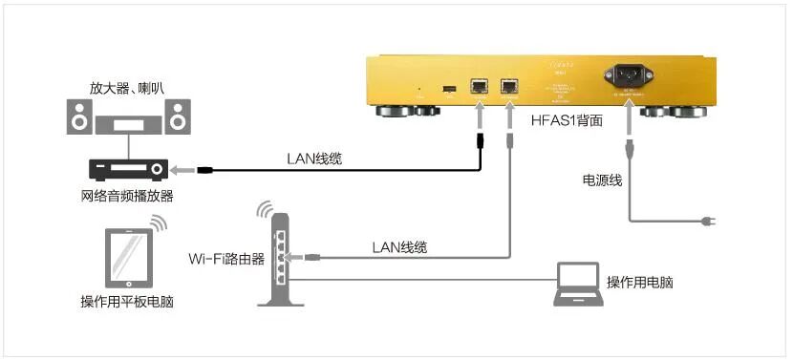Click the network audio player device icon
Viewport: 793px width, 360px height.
click(x=128, y=169)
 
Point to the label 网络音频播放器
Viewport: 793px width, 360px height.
click(x=128, y=196)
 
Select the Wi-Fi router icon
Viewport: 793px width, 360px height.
click(x=279, y=258)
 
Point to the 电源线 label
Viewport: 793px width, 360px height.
click(x=602, y=180)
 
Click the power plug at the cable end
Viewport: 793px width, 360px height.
click(x=708, y=222)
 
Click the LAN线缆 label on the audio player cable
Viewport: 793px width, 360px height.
click(x=314, y=159)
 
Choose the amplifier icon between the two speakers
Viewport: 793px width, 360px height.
click(x=128, y=122)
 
